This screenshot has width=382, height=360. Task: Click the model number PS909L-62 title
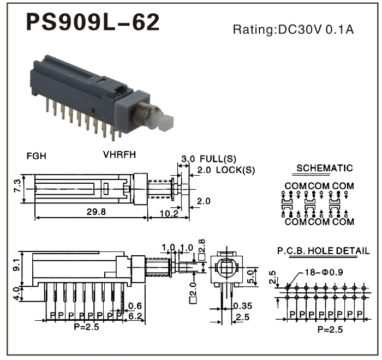point(93,23)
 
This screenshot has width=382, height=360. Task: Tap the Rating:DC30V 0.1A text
point(293,29)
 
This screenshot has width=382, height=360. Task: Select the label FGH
point(37,155)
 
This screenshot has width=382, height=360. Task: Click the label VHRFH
point(120,154)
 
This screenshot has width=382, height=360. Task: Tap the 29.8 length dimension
point(95,212)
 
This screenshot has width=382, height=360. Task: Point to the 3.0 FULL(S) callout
point(208,159)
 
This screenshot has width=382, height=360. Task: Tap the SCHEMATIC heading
point(324,168)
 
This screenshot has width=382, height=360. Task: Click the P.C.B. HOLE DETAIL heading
point(323,251)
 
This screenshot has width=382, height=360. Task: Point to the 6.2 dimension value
point(136,316)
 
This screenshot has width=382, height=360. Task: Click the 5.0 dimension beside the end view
point(251,275)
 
